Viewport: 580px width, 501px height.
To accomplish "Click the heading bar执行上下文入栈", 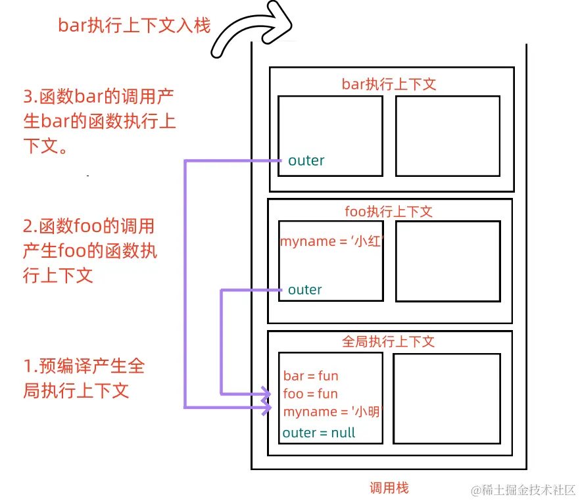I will click(x=134, y=26).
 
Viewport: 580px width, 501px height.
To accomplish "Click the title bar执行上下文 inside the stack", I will click(x=389, y=84).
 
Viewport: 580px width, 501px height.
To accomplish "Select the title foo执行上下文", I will click(x=389, y=212).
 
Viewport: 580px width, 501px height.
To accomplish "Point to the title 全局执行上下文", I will click(x=389, y=342).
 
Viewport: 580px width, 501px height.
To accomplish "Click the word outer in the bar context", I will click(x=306, y=160).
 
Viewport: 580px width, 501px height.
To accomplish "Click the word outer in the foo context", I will click(x=305, y=289).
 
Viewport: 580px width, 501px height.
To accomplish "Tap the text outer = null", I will click(x=319, y=433).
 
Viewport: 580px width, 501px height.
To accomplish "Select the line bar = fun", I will click(x=311, y=376).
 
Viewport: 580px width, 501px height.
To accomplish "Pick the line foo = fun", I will click(x=311, y=394).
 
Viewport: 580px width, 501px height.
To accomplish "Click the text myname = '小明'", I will click(x=332, y=412).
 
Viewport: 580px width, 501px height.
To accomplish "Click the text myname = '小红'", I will click(x=331, y=241).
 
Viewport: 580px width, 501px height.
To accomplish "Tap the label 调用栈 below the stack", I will click(x=389, y=488).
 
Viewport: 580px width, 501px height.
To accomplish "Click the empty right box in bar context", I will click(x=447, y=136).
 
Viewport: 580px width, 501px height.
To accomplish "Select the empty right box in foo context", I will click(x=447, y=261).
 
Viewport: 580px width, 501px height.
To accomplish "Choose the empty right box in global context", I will click(x=446, y=398).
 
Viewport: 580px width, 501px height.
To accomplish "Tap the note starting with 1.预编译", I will click(x=84, y=378).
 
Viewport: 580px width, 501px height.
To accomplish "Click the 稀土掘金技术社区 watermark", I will click(x=523, y=490).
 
